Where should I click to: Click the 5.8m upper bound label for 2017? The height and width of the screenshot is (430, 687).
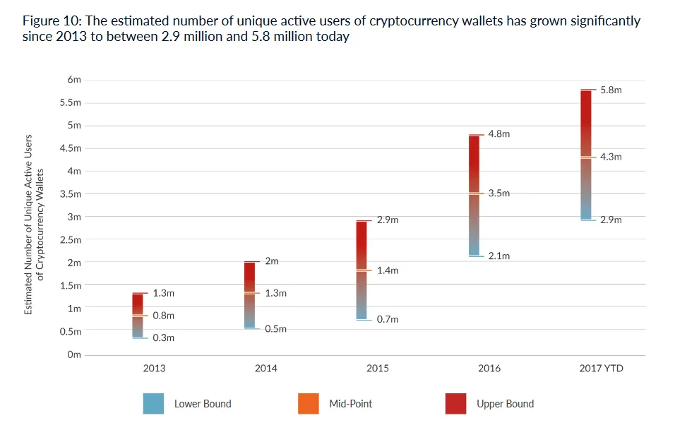611,90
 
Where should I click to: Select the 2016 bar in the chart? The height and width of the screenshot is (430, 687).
475,195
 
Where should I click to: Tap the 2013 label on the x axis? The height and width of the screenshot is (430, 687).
154,369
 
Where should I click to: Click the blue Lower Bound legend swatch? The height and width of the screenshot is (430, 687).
153,404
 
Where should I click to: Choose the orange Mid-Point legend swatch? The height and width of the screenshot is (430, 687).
311,404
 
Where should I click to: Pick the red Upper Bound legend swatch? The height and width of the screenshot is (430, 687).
456,404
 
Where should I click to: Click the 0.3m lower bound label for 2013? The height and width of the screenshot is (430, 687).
163,338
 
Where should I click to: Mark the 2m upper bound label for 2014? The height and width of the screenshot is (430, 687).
272,261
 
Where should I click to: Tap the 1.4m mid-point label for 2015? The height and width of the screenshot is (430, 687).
388,270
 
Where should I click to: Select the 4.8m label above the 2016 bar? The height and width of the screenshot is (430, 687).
498,134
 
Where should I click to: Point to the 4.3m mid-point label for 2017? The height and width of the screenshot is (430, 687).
611,157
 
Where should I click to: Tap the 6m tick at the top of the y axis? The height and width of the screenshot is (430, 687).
74,80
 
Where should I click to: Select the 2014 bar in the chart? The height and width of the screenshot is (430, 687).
250,294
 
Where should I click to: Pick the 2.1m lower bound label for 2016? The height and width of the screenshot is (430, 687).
498,256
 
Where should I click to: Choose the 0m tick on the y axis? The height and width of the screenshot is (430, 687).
74,354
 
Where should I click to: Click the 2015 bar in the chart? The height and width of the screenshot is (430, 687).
362,270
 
